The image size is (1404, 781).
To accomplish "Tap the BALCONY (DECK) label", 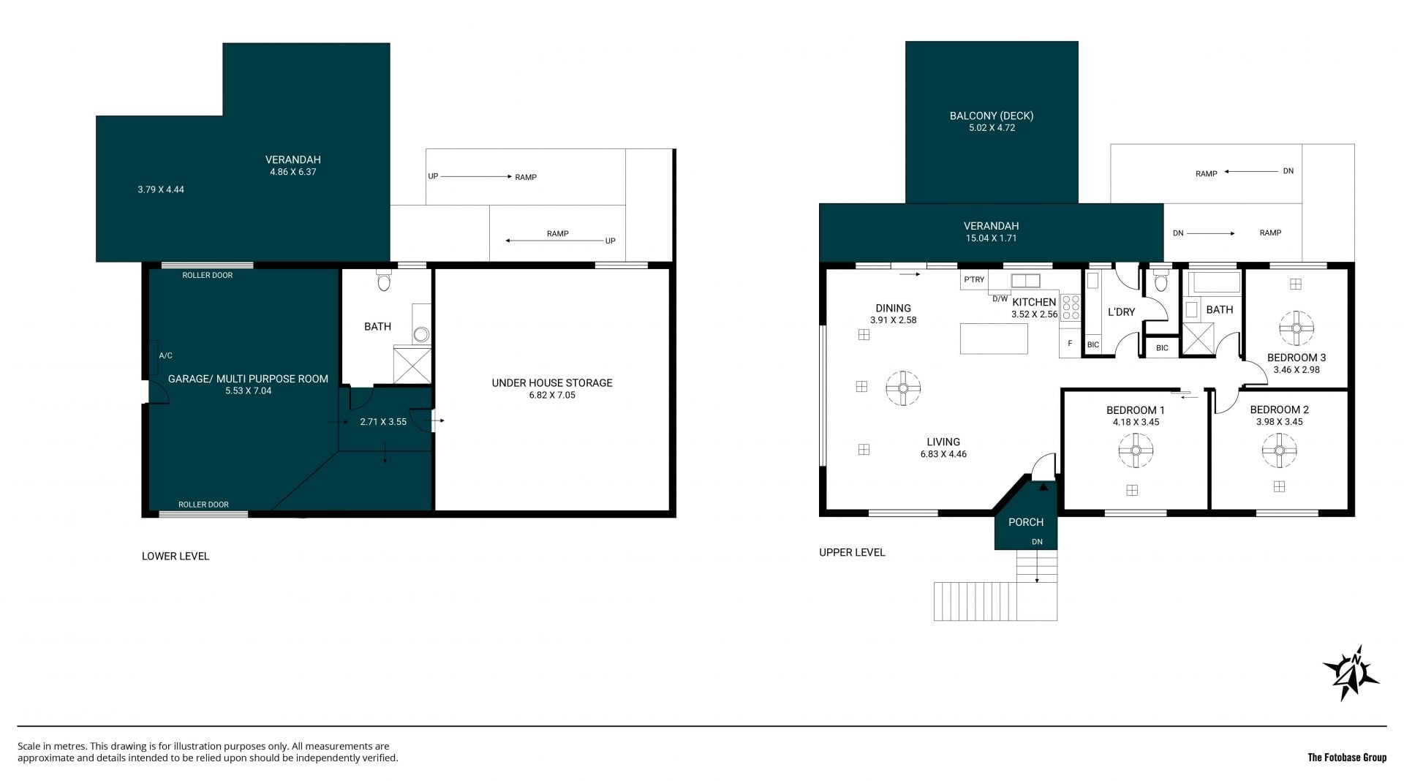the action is [991, 116].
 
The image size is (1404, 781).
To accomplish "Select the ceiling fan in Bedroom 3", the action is [1296, 328].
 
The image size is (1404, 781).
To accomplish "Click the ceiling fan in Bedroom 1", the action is [1136, 450].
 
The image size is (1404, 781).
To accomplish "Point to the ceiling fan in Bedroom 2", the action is [1279, 450].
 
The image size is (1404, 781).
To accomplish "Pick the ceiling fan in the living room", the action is [903, 388].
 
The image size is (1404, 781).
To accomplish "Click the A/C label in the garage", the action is [166, 356].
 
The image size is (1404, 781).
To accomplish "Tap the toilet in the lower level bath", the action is [384, 281].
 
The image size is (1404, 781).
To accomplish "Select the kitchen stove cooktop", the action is [1071, 307].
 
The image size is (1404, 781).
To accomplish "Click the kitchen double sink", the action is [1025, 281].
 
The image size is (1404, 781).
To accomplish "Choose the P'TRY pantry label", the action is [974, 279].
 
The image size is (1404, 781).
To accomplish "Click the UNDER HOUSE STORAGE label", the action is [552, 382].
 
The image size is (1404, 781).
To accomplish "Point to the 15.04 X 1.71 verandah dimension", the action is [991, 238].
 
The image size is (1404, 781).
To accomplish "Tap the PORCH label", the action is [1026, 522].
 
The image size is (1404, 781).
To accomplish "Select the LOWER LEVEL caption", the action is [175, 556].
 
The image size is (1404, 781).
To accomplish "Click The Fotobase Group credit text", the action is [1347, 758].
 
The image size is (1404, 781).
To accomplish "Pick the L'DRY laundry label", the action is [1121, 312].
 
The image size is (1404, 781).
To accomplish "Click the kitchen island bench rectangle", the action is [994, 339].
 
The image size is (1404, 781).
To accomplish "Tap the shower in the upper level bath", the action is [1199, 339].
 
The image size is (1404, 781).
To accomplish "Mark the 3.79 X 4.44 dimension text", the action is [161, 189].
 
